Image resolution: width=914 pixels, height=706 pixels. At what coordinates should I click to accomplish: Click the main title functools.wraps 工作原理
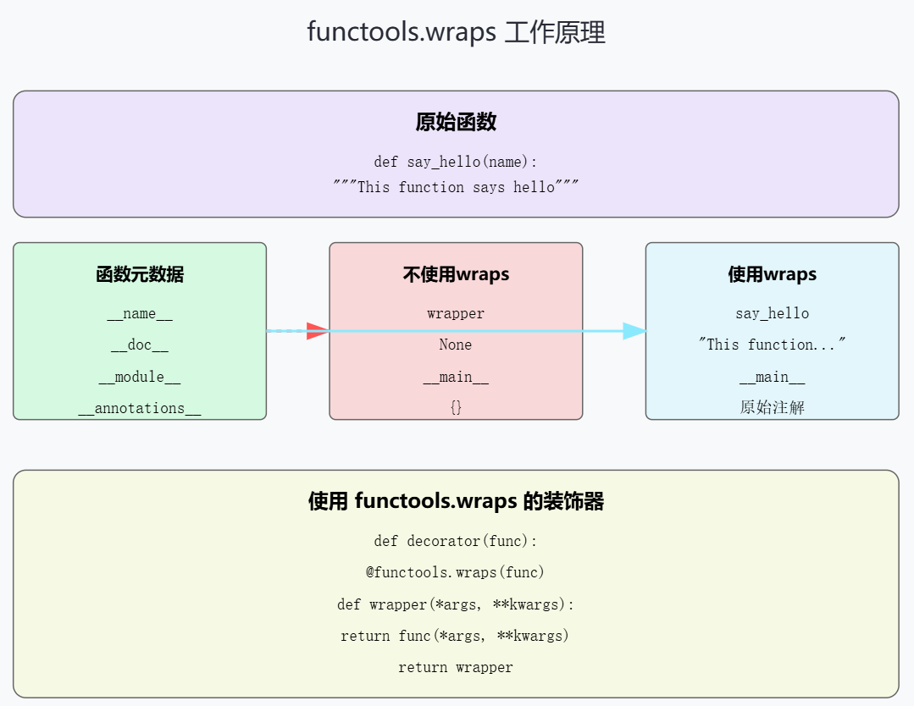[x=456, y=33]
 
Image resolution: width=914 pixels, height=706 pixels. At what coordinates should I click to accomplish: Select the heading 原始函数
[x=456, y=122]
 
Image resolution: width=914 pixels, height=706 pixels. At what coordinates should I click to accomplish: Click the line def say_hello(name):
[x=456, y=162]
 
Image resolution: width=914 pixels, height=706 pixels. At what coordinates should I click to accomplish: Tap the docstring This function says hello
[x=456, y=187]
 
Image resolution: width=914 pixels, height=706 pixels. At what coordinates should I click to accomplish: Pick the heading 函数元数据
[x=140, y=274]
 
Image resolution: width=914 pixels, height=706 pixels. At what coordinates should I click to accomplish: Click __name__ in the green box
[x=140, y=314]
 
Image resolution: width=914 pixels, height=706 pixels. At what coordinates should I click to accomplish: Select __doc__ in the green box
[x=140, y=345]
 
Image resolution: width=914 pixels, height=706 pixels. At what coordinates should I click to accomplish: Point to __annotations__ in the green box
[x=140, y=409]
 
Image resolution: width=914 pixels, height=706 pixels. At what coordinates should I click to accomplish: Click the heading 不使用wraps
[x=456, y=274]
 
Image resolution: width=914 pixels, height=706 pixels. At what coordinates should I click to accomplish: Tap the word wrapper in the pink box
[x=456, y=314]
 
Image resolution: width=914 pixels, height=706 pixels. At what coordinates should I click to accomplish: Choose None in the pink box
[x=456, y=345]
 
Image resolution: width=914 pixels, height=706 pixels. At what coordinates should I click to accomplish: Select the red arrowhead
[x=317, y=331]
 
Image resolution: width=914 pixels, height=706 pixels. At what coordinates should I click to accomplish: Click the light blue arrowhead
[x=634, y=331]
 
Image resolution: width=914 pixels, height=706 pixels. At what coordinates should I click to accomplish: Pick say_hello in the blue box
[x=772, y=314]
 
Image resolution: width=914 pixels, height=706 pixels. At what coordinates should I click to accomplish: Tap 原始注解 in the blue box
[x=772, y=408]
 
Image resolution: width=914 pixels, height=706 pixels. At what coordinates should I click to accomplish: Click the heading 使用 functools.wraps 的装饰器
[x=456, y=502]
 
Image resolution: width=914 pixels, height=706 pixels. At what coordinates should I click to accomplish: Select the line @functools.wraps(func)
[x=456, y=573]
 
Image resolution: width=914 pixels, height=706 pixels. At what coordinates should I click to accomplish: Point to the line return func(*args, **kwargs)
[x=456, y=636]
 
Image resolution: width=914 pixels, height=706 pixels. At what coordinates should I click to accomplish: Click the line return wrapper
[x=456, y=668]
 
